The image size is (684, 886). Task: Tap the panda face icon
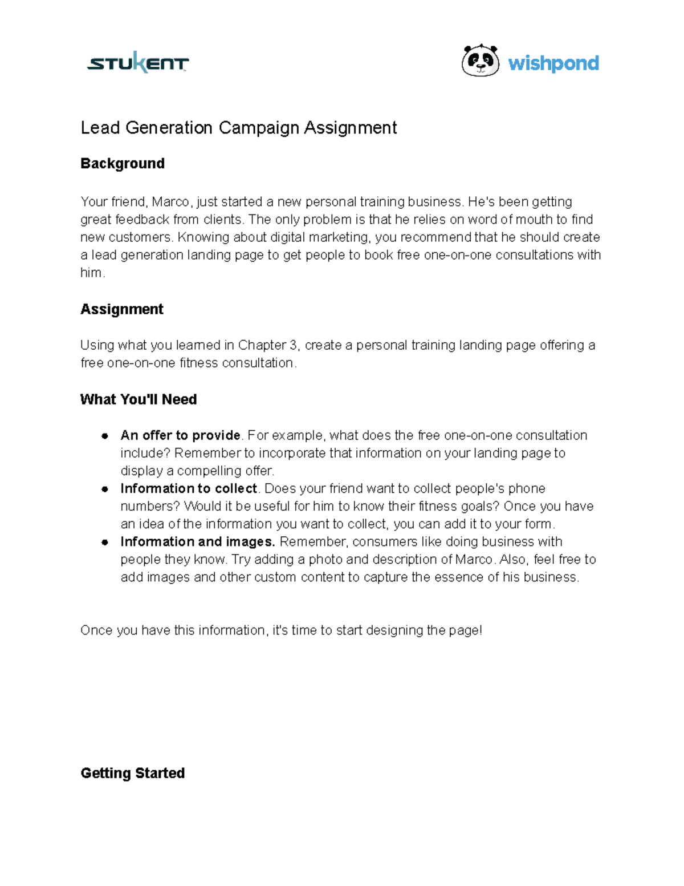[x=480, y=61]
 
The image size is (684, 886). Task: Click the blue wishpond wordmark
[x=553, y=63]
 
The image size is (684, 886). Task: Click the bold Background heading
[x=123, y=164]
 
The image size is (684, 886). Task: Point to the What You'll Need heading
[x=139, y=399]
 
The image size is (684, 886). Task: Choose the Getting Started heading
[x=133, y=773]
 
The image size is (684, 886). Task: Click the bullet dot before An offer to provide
[x=105, y=436]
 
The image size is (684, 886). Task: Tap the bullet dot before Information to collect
[x=105, y=489]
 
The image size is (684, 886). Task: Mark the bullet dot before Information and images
[x=105, y=542]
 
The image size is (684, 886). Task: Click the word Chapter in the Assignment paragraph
[x=262, y=345]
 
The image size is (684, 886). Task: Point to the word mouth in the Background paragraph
[x=534, y=220]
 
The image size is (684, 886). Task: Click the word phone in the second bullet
[x=527, y=489]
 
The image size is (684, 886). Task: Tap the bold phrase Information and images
[x=198, y=542]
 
